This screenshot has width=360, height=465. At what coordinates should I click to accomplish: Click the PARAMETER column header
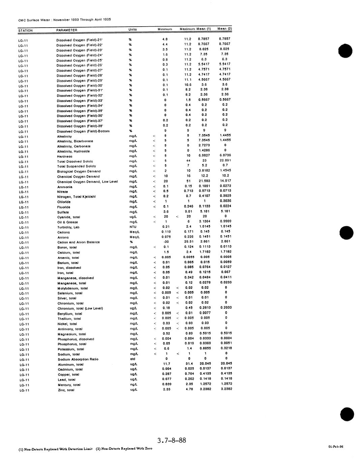[67, 30]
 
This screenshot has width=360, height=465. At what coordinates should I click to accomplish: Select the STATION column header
[26, 31]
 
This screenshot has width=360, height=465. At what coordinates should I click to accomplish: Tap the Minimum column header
[165, 29]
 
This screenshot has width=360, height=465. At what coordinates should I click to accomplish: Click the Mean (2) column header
[224, 29]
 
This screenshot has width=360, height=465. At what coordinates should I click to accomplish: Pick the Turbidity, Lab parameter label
[68, 227]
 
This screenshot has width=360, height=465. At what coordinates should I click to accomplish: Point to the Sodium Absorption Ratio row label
[78, 359]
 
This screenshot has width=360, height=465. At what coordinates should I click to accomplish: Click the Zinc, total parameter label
[66, 390]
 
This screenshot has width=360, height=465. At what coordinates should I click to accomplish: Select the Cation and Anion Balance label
[79, 242]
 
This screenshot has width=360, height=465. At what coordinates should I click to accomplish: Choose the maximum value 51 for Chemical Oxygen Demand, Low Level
[188, 181]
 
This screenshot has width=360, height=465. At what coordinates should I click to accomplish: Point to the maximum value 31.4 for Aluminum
[189, 364]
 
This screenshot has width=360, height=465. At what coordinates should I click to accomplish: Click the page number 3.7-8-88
[172, 440]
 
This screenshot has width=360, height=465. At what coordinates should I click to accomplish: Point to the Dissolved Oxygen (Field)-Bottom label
[83, 131]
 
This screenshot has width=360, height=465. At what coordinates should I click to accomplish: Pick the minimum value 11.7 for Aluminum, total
[167, 364]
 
